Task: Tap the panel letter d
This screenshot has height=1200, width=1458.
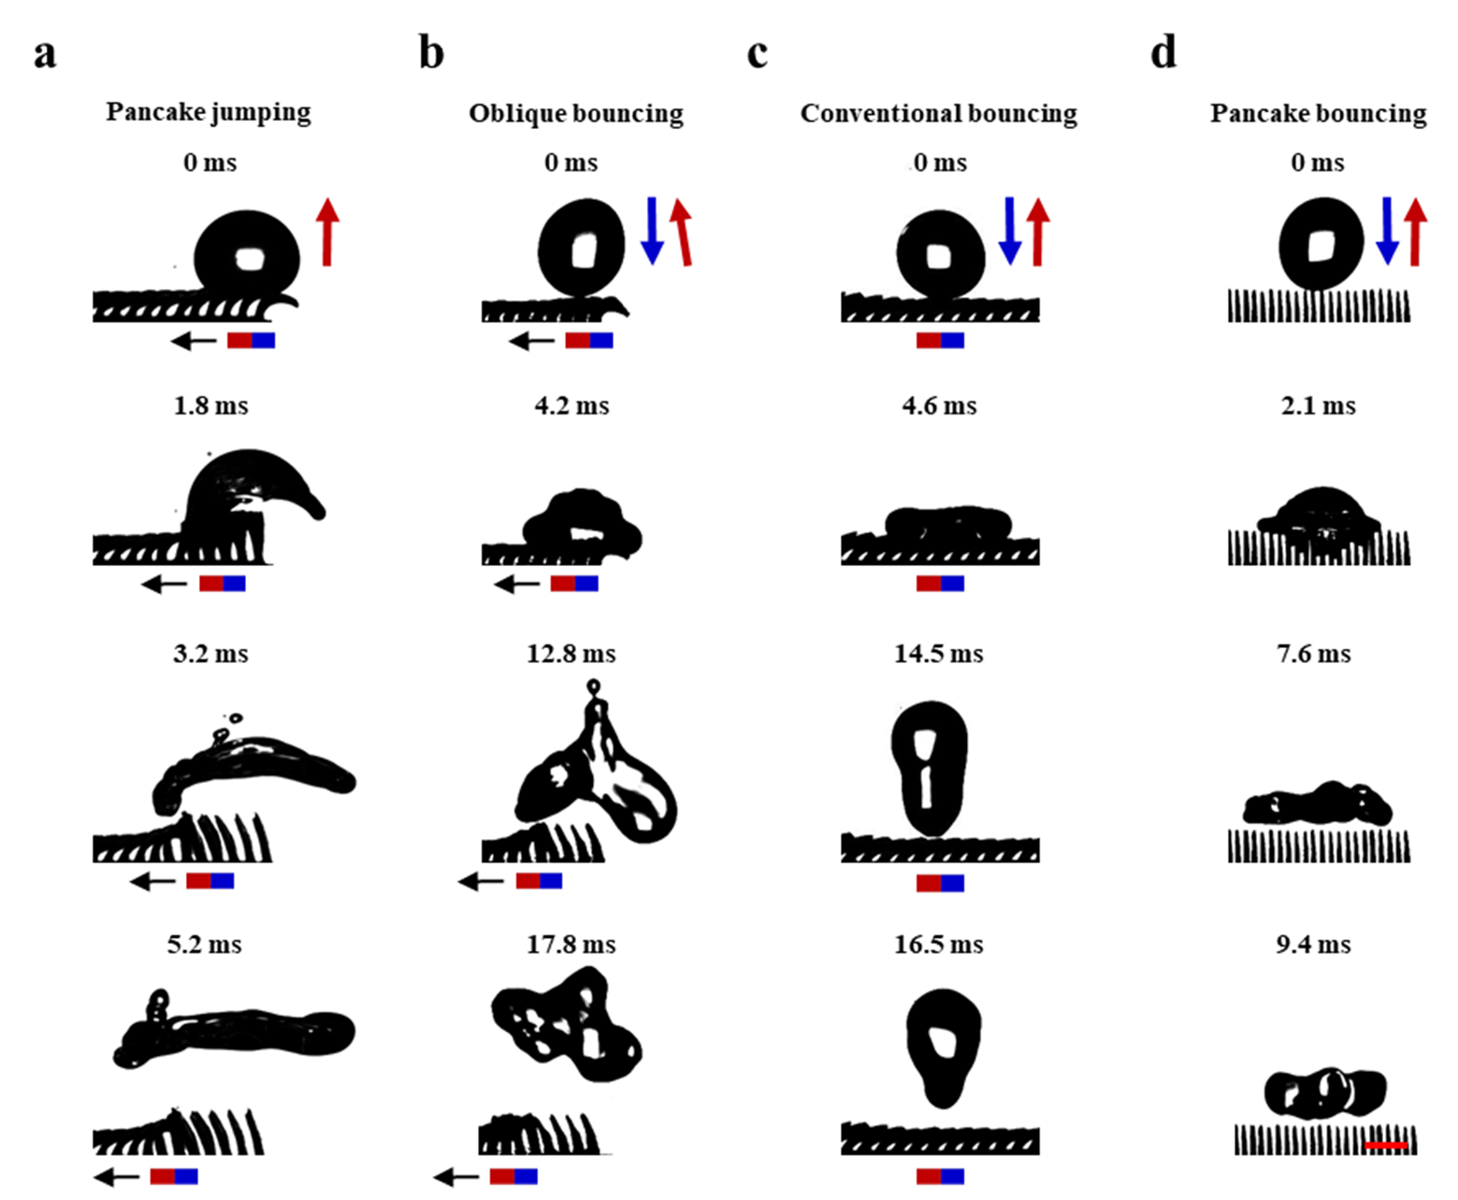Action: pyautogui.click(x=1163, y=51)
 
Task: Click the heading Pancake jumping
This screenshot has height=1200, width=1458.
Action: pyautogui.click(x=209, y=112)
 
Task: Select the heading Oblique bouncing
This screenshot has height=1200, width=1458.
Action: pyautogui.click(x=576, y=114)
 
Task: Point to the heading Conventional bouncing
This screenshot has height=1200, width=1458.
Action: pyautogui.click(x=939, y=114)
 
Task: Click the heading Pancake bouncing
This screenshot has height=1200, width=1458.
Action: pyautogui.click(x=1319, y=114)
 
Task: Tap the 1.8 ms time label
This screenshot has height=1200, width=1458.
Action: pyautogui.click(x=210, y=406)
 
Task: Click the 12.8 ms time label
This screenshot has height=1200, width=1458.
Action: pyautogui.click(x=571, y=654)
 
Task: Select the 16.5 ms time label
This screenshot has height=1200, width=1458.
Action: pyautogui.click(x=939, y=945)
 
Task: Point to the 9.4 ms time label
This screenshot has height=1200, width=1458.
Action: pyautogui.click(x=1314, y=945)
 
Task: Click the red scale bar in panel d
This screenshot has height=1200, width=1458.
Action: pyautogui.click(x=1386, y=1146)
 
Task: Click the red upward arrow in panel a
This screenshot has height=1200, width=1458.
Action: pyautogui.click(x=327, y=232)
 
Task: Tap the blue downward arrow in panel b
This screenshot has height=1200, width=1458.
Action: pyautogui.click(x=652, y=231)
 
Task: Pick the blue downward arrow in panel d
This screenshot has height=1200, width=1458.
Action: pyautogui.click(x=1387, y=231)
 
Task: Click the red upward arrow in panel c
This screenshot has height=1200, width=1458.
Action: pyautogui.click(x=1038, y=232)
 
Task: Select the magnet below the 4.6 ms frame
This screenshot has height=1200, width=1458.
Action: pyautogui.click(x=940, y=584)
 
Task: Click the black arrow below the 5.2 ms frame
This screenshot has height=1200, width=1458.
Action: pyautogui.click(x=116, y=1177)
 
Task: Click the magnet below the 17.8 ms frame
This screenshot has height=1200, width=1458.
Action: pyautogui.click(x=513, y=1177)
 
